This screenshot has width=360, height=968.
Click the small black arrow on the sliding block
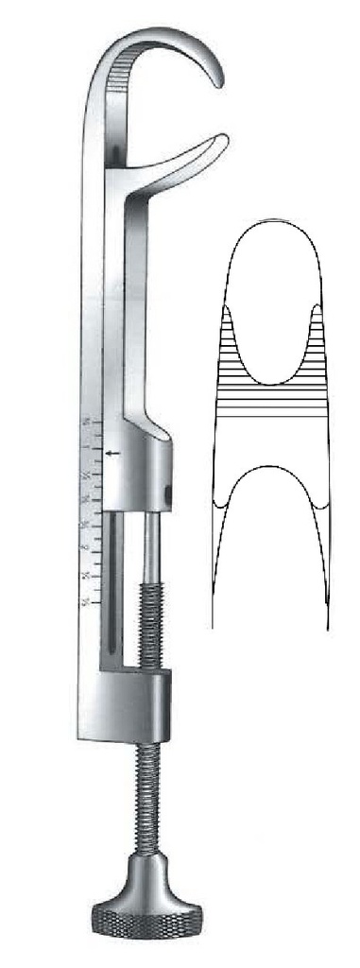tap(114, 456)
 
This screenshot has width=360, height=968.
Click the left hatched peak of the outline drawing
tap(229, 340)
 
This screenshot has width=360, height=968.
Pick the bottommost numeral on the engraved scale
tap(88, 601)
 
